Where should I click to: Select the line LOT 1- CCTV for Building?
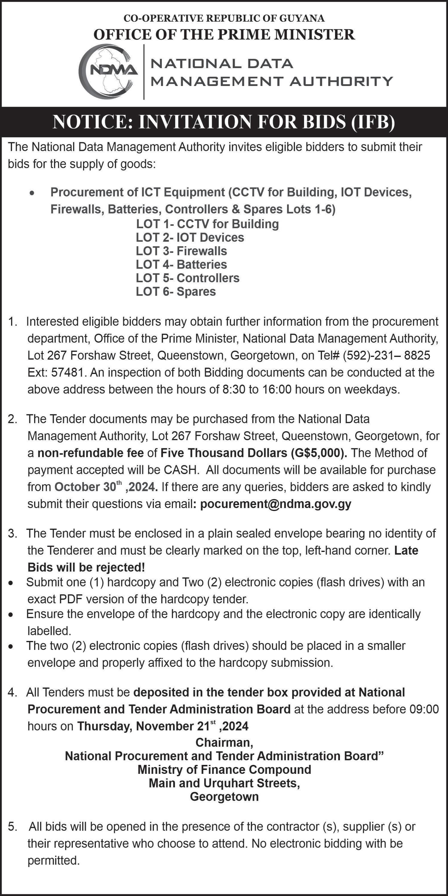point(207,224)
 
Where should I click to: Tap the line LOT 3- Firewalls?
point(181,251)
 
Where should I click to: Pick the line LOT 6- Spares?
point(176,291)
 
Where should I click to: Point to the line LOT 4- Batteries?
point(181,265)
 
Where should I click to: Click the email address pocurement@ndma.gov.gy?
point(276,504)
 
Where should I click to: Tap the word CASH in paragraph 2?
point(181,470)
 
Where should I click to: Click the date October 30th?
point(88,487)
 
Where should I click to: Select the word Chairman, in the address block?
point(224,742)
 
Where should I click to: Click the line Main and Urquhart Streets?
point(224,783)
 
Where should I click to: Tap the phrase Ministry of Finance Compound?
point(224,770)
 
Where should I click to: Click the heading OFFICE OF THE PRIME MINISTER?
point(224,34)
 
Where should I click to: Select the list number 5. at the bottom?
point(13,827)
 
